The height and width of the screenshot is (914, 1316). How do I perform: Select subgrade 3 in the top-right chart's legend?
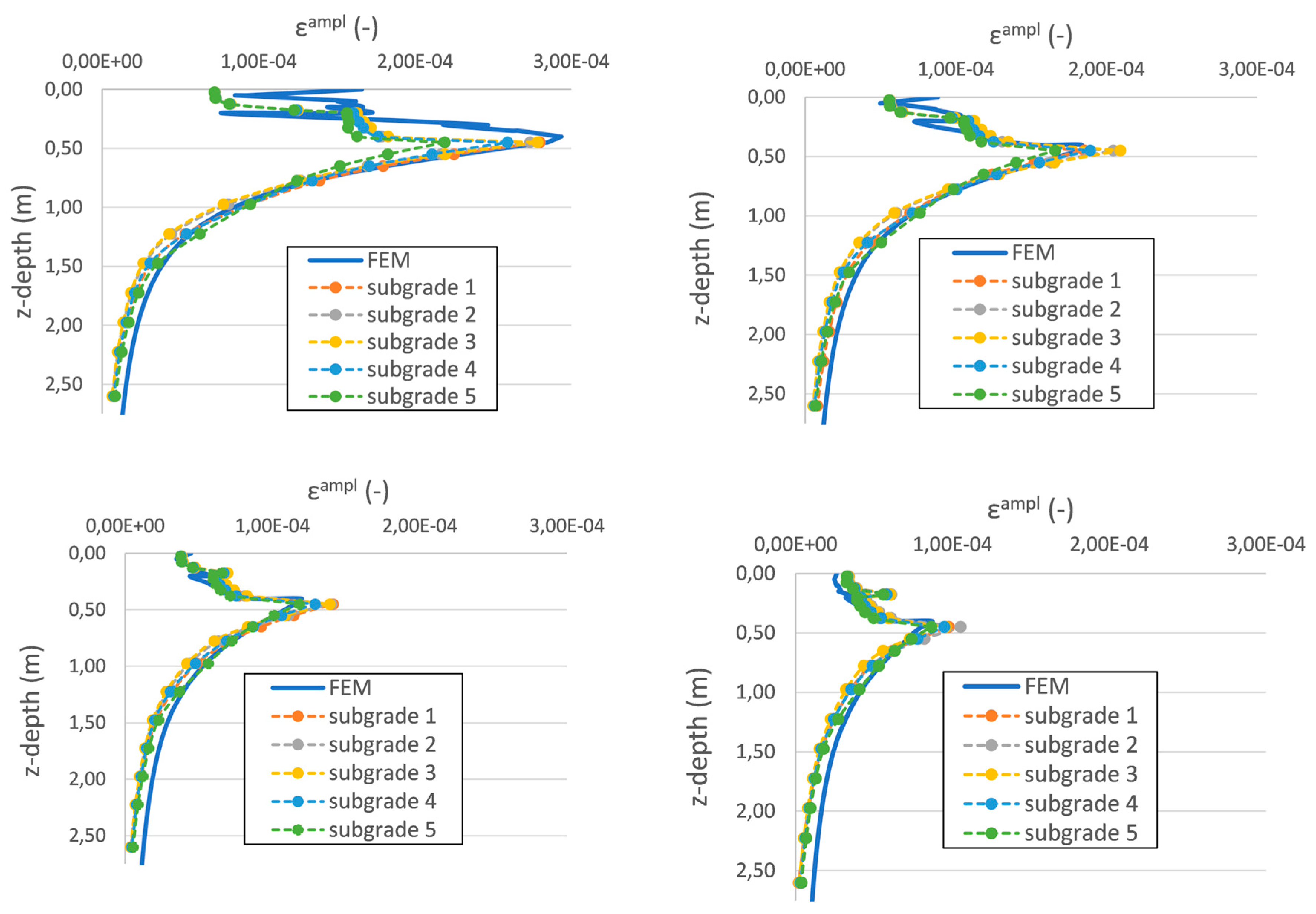(x=1065, y=337)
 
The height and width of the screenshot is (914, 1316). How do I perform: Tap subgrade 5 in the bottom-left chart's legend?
(x=382, y=829)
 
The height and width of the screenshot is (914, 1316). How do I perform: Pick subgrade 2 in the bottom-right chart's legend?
(x=1080, y=745)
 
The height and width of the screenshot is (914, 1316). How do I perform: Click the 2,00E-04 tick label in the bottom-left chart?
(x=419, y=525)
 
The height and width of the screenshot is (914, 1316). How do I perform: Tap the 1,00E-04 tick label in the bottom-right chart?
(x=951, y=544)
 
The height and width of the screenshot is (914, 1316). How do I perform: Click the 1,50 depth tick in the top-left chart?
(x=63, y=266)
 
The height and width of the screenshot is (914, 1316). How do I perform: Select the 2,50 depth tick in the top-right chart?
(x=766, y=394)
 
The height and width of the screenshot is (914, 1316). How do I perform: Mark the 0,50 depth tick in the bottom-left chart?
(x=87, y=609)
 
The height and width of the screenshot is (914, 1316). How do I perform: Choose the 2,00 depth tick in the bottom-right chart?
(x=755, y=811)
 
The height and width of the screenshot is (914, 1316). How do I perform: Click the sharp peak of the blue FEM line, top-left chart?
(x=562, y=136)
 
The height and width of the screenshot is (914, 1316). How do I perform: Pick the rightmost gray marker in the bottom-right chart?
(x=960, y=627)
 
